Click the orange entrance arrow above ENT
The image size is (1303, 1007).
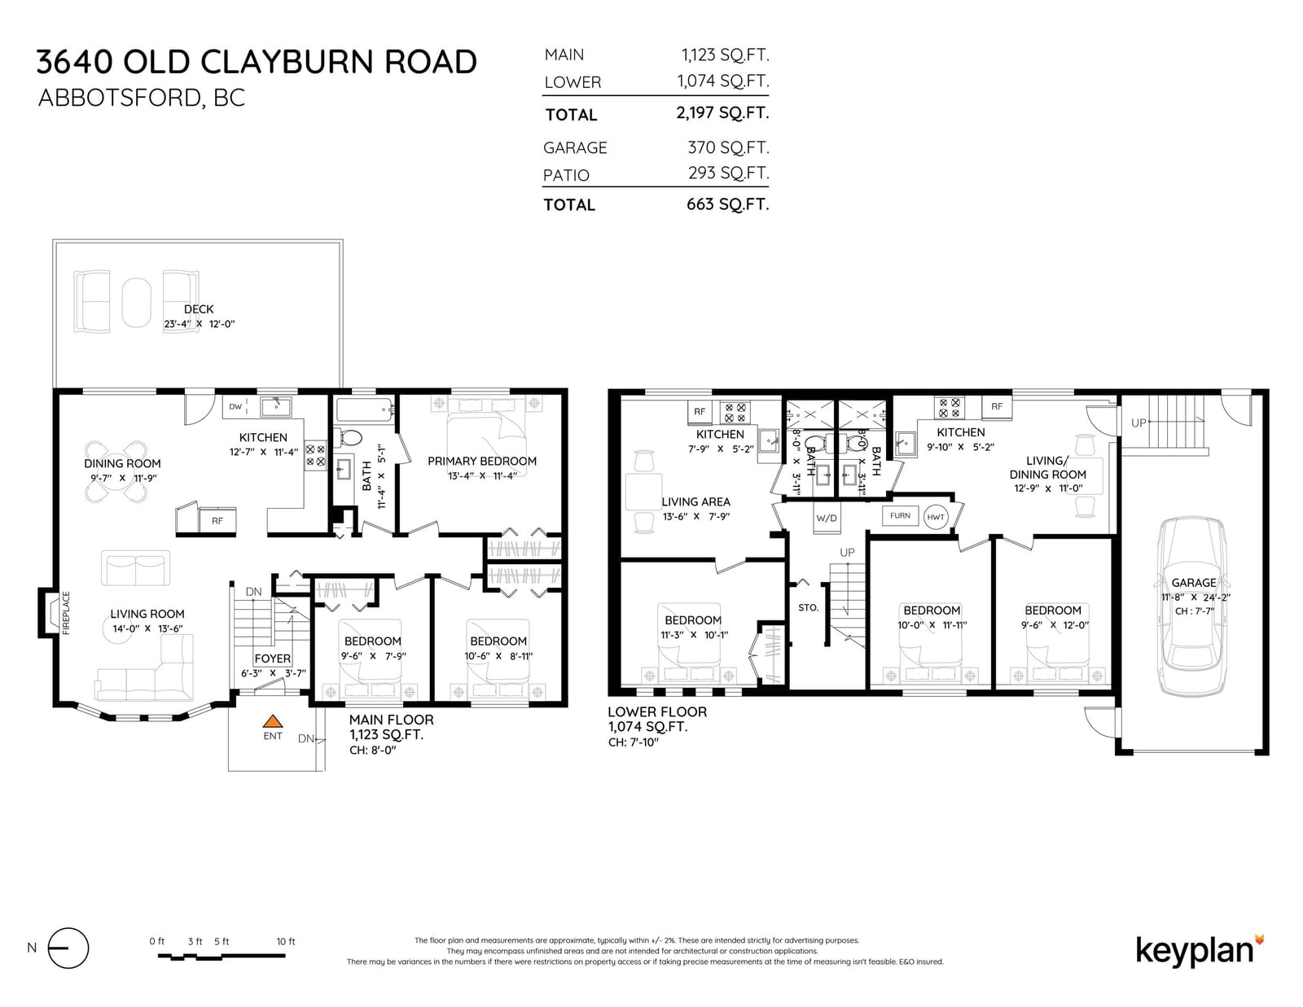point(273,720)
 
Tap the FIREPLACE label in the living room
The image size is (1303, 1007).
point(66,613)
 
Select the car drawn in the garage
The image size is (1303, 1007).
point(1192,606)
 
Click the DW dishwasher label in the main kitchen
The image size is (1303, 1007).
point(235,406)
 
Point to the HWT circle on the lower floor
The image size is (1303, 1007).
point(936,517)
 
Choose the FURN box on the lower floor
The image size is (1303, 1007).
point(900,515)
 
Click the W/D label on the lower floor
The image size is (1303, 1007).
point(827,518)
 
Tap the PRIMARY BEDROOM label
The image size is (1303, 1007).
point(482,461)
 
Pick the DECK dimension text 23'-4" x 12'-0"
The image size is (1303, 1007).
point(200,324)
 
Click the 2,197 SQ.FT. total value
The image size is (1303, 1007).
point(722,112)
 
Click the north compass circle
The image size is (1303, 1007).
point(68,948)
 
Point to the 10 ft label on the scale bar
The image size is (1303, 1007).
point(285,942)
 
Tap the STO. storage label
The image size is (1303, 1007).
point(809,608)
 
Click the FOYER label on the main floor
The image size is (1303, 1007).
point(272,658)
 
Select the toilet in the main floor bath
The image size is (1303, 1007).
point(348,438)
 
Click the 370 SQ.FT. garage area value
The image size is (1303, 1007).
point(728,147)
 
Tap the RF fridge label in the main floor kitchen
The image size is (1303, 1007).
point(217,521)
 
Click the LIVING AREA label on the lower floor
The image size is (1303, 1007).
point(695,501)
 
